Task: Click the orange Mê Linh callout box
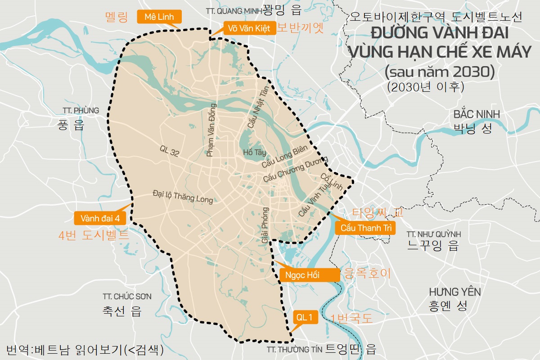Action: coord(159,17)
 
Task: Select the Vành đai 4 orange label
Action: coord(100,218)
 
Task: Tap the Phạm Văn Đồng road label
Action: coord(211,130)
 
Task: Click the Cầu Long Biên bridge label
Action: coord(284,157)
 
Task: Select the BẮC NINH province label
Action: coord(477,115)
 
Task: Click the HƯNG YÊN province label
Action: coord(454,292)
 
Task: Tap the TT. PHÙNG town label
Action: coord(81,111)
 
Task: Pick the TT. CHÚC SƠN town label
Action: coord(127,297)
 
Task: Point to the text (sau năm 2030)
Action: coord(440,72)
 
